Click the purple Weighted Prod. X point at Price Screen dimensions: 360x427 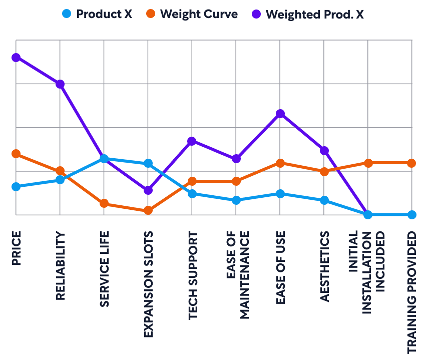tap(16, 58)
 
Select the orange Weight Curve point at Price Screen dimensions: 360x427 tap(16, 154)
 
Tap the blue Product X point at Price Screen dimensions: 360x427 tap(16, 187)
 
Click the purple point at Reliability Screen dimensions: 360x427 tap(60, 84)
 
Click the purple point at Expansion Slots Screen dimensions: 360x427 tap(148, 190)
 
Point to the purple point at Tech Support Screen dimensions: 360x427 tap(192, 141)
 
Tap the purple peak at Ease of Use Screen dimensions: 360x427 tap(280, 114)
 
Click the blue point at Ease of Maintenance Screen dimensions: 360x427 tap(236, 200)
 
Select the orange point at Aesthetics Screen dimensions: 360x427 tap(324, 172)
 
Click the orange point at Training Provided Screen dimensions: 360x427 tap(411, 163)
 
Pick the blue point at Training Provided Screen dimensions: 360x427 tap(411, 215)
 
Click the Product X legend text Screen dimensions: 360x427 tap(104, 14)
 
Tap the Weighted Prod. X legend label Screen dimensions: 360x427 tap(315, 14)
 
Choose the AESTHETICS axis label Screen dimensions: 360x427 tap(324, 266)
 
